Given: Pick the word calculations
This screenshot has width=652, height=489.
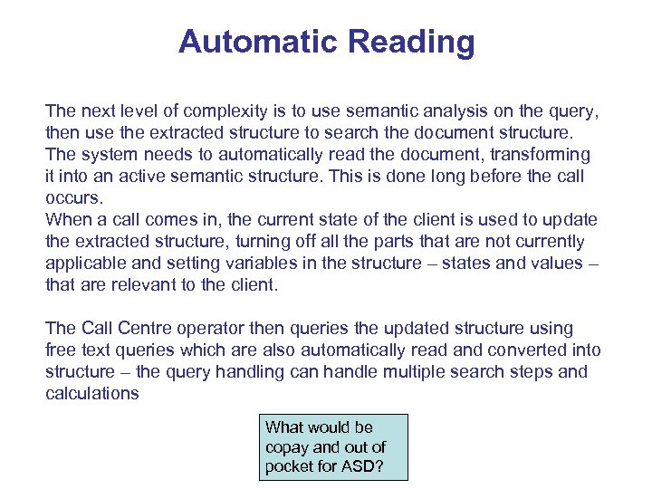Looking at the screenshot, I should (x=92, y=393).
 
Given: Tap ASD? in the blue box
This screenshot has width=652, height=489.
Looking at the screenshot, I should (x=362, y=467).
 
